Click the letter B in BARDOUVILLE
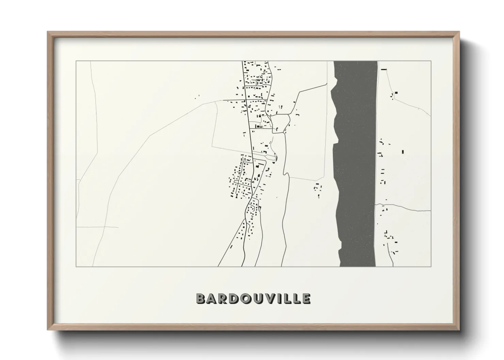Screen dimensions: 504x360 pos(201,298)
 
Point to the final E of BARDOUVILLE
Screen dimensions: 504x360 pos(306,298)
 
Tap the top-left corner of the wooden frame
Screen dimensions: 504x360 pos(48,32)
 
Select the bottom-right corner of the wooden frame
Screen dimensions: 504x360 pos(459,330)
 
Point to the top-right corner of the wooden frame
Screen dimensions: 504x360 pos(459,32)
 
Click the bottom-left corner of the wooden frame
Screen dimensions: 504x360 pos(48,330)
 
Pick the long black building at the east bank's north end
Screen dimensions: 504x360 pos(384,69)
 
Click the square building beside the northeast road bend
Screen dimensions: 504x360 pos(396,93)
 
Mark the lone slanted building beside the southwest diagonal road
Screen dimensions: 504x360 pos(231,246)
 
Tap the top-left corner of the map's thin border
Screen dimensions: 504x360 pos(76,61)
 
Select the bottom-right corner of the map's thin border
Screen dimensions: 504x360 pos(431,266)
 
